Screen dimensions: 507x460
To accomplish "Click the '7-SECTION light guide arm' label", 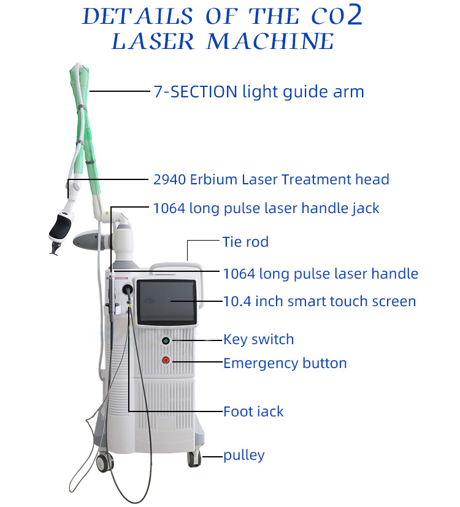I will click(x=258, y=92).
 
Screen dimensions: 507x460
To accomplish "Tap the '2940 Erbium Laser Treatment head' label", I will click(x=270, y=179).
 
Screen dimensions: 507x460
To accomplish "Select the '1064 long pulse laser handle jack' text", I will click(x=266, y=208).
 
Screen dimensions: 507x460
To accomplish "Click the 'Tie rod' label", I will click(x=245, y=242).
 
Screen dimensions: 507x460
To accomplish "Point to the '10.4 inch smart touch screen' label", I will click(x=320, y=301).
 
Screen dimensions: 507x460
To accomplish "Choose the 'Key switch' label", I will click(x=258, y=339).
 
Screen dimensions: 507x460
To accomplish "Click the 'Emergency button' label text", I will click(x=285, y=363).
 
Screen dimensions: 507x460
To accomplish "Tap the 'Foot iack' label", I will click(x=253, y=411).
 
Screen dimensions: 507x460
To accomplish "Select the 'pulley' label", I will click(x=243, y=455).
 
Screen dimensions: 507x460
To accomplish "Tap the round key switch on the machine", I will click(x=166, y=340).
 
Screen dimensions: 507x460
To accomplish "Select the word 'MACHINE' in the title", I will click(x=270, y=41).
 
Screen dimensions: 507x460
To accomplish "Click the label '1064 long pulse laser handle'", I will click(x=320, y=273).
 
